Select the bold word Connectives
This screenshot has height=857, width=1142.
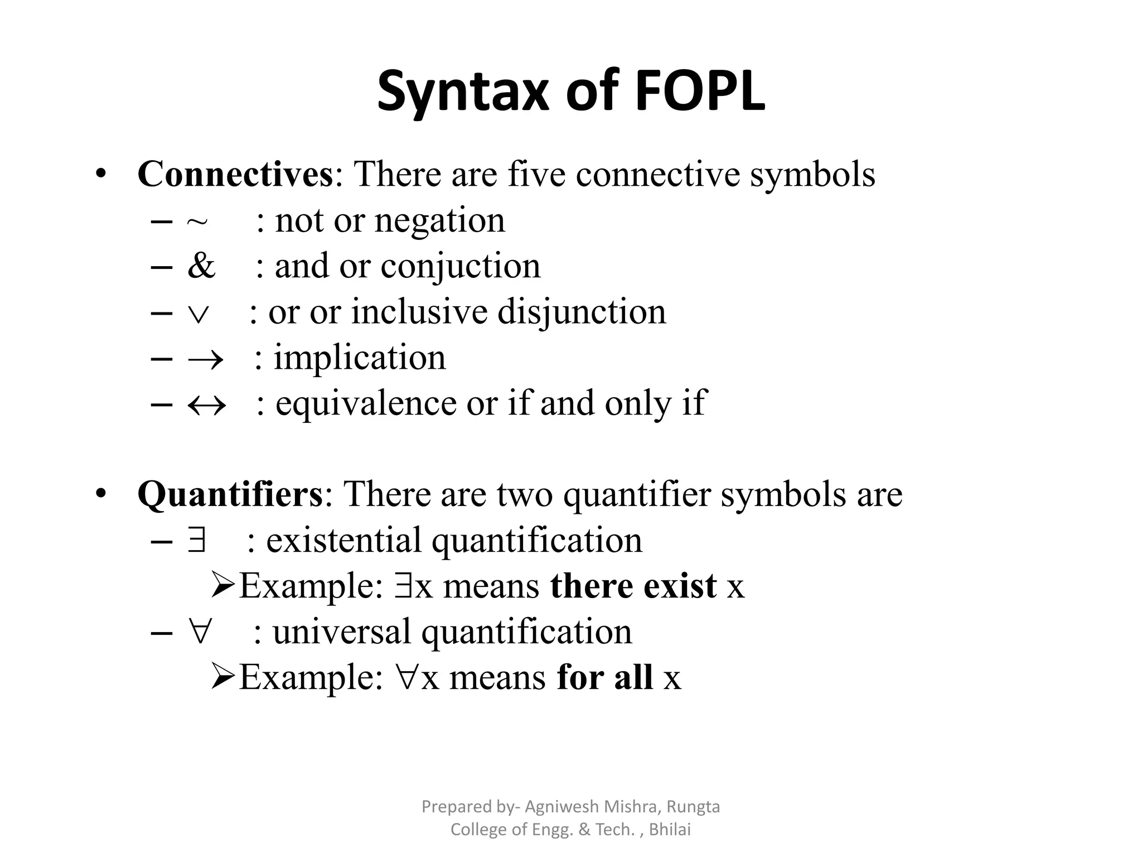(235, 174)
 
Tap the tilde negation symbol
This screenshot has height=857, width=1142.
(197, 222)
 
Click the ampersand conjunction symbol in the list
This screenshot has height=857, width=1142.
(201, 266)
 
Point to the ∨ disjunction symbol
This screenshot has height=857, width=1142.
(199, 314)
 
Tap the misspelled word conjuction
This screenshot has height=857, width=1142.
(460, 267)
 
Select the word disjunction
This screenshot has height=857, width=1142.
(582, 312)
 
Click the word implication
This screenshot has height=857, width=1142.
(360, 358)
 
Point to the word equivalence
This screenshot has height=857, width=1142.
(366, 403)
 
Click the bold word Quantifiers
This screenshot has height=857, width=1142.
(230, 494)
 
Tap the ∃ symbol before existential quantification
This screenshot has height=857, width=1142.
(197, 540)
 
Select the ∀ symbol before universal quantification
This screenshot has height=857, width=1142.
(199, 632)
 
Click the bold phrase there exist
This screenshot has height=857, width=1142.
(633, 586)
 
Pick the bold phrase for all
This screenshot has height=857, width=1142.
(604, 678)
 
